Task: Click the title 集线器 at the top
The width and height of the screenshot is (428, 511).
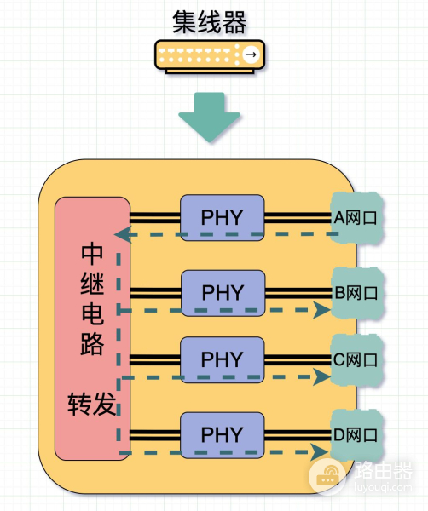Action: coord(210,22)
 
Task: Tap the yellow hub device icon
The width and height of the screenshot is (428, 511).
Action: coord(210,56)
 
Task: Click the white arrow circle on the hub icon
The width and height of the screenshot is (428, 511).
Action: coord(251,55)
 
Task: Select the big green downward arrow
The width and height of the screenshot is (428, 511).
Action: coord(210,118)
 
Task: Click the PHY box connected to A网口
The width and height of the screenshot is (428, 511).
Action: coord(223,218)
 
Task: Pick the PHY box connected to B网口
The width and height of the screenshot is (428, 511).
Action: coord(223,293)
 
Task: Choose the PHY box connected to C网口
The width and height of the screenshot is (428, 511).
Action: coord(223,359)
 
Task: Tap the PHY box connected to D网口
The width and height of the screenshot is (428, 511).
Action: coord(223,434)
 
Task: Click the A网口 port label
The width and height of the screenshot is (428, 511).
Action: coord(356,218)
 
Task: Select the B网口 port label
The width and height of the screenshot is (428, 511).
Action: coord(356,293)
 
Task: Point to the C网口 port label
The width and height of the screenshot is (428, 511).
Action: coord(356,359)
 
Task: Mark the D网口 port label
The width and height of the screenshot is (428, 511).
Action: coord(356,435)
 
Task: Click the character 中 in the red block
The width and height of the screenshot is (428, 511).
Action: coord(92,254)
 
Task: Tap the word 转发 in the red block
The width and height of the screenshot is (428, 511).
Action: coord(92,404)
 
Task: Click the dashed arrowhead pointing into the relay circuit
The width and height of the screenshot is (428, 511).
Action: coord(123,234)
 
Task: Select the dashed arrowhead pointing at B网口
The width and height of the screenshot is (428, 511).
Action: coord(322,310)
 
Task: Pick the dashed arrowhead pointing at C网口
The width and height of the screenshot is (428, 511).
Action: coord(322,377)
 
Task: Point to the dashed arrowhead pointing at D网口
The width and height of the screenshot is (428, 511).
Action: coord(320,451)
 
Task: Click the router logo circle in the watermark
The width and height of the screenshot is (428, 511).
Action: coord(327,476)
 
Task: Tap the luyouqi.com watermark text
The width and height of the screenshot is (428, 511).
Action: coord(383,487)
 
